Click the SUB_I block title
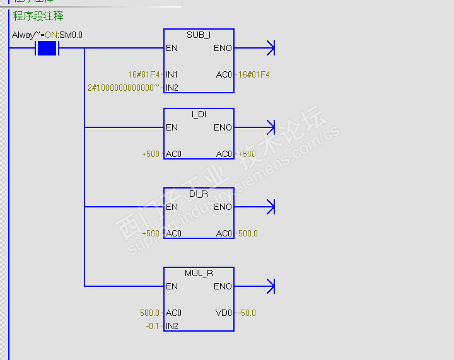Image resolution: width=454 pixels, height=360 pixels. pyautogui.click(x=199, y=35)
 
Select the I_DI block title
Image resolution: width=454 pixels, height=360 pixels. pyautogui.click(x=199, y=114)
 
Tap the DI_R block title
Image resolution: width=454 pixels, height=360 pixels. pyautogui.click(x=199, y=194)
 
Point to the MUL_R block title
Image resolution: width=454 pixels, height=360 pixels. pyautogui.click(x=199, y=273)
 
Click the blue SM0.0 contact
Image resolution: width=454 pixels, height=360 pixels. pyautogui.click(x=47, y=49)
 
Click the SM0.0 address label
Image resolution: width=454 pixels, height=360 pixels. pyautogui.click(x=70, y=35)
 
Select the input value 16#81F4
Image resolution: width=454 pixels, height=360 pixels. pyautogui.click(x=143, y=74)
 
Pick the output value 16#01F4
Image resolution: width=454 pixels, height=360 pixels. pyautogui.click(x=254, y=74)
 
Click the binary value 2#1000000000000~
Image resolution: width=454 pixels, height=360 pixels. pyautogui.click(x=124, y=88)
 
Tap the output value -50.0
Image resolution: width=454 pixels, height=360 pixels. pyautogui.click(x=247, y=313)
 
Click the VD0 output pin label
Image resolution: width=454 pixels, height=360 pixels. pyautogui.click(x=224, y=313)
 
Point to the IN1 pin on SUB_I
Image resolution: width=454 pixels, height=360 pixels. pyautogui.click(x=172, y=74)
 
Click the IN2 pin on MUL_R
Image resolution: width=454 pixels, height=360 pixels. pyautogui.click(x=172, y=326)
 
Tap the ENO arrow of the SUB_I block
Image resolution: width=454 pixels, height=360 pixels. pyautogui.click(x=270, y=48)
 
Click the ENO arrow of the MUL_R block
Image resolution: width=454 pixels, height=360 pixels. pyautogui.click(x=270, y=286)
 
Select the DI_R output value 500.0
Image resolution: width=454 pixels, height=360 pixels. pyautogui.click(x=248, y=233)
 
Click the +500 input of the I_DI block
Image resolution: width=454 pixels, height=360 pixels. pyautogui.click(x=151, y=154)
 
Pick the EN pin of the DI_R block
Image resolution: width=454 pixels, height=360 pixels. pyautogui.click(x=172, y=207)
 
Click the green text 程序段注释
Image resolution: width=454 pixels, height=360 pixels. pyautogui.click(x=38, y=16)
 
